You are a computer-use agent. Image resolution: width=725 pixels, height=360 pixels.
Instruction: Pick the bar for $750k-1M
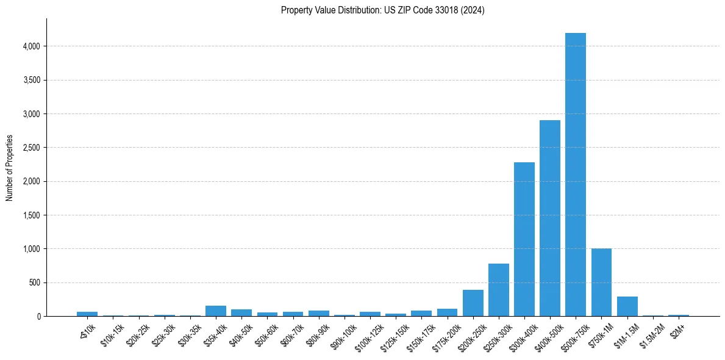601,283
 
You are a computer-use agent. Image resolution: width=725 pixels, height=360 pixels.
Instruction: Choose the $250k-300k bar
498,290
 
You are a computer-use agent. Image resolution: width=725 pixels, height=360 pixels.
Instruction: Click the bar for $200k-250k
473,303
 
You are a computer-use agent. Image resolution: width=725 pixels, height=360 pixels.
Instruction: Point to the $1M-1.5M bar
627,306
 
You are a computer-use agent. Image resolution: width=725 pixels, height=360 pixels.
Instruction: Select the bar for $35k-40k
215,311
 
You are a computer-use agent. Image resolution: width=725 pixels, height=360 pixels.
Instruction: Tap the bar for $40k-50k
241,313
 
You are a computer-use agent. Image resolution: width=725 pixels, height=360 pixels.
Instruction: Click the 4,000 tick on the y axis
31,46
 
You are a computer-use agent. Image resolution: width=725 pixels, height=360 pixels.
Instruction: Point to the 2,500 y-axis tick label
31,148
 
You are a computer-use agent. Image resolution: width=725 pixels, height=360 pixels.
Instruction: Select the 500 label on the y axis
35,283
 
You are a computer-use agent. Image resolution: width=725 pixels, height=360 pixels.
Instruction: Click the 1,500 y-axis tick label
31,215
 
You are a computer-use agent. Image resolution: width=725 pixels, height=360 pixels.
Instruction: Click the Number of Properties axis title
9,168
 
